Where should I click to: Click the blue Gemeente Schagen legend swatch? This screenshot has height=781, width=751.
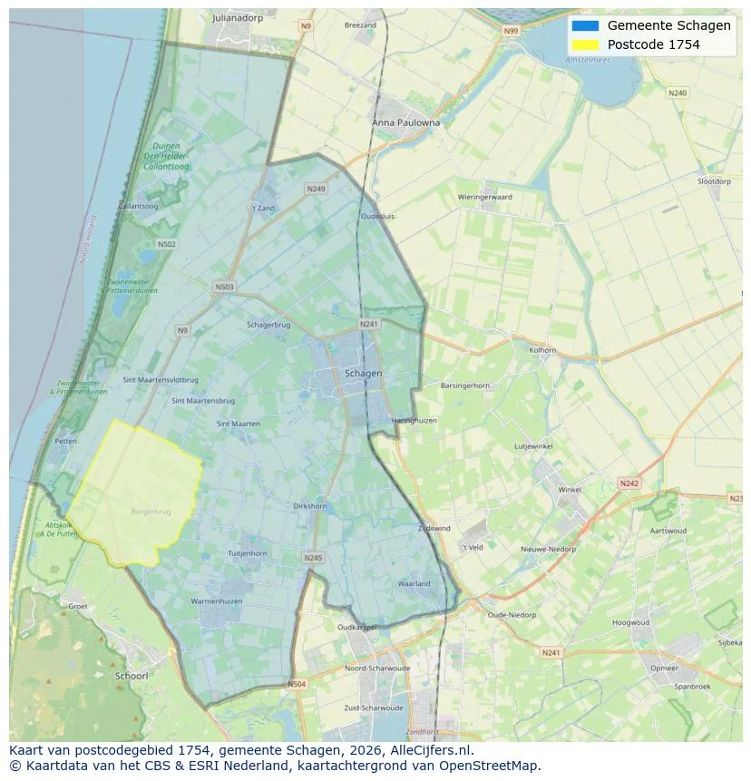585,25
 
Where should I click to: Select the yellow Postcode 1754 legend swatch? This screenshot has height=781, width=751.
585,44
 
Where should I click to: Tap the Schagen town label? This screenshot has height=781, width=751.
363,373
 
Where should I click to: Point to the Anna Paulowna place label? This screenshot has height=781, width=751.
405,122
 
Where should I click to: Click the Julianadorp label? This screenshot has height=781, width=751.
238,17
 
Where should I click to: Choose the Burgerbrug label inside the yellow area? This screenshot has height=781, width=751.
151,512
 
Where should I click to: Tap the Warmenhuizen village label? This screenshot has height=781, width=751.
216,601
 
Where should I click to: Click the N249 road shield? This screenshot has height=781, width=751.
316,189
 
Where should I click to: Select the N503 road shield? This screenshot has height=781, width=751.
224,288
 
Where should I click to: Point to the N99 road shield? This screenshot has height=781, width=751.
512,31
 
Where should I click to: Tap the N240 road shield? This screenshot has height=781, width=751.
677,93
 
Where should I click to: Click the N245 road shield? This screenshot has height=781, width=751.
313,558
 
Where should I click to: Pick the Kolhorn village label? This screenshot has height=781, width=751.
542,349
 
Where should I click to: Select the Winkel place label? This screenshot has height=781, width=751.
570,490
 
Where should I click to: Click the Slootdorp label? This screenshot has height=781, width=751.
714,181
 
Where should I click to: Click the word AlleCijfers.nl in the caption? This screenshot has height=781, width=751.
428,750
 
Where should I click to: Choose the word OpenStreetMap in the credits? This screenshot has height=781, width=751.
494,766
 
